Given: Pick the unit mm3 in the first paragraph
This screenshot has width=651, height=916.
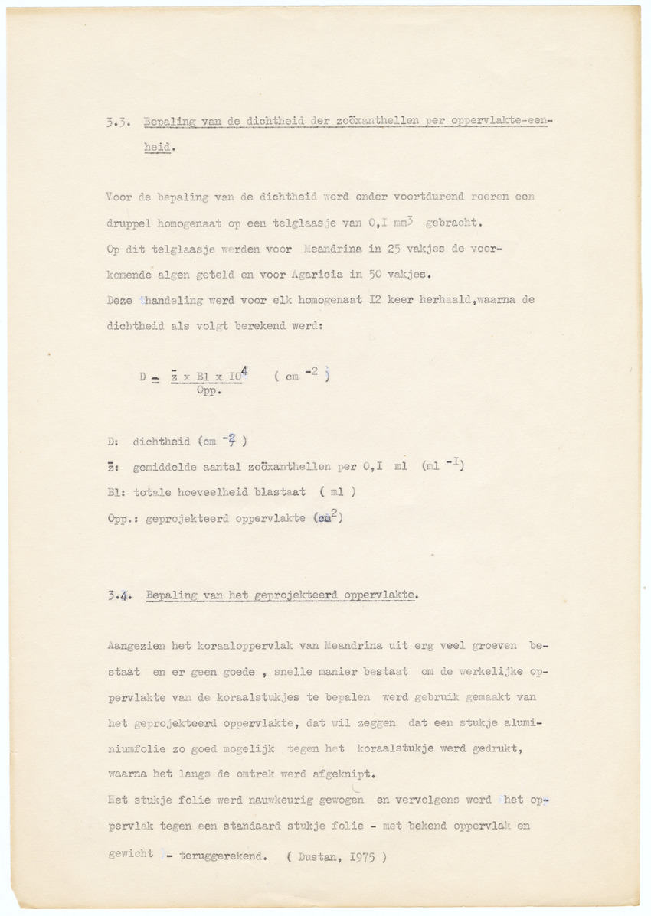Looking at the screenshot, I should (403, 222).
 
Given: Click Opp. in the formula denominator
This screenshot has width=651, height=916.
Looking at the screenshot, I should (207, 390).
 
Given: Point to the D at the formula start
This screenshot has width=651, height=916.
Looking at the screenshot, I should (142, 377).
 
